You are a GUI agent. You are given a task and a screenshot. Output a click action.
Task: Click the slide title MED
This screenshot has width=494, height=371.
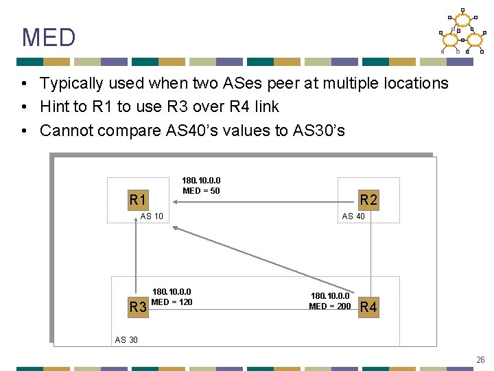pyautogui.click(x=49, y=37)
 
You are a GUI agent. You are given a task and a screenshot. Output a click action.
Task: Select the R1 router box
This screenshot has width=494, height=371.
pyautogui.click(x=138, y=200)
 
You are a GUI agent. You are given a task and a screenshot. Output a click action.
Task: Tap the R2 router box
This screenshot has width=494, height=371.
pyautogui.click(x=369, y=200)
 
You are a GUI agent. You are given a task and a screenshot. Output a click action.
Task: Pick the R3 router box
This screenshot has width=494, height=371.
pyautogui.click(x=138, y=306)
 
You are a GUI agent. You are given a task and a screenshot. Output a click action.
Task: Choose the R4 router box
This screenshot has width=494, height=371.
pyautogui.click(x=368, y=306)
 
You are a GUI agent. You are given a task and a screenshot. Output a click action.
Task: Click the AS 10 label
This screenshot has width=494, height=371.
pyautogui.click(x=152, y=216)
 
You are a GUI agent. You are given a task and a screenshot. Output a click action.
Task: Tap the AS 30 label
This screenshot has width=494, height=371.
pyautogui.click(x=126, y=340)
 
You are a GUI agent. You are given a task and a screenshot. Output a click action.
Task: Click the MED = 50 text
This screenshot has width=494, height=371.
pyautogui.click(x=201, y=190)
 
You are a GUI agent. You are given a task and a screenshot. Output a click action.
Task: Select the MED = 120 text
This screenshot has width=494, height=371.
pyautogui.click(x=172, y=302)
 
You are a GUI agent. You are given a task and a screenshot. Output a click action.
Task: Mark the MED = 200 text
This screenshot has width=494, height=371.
pyautogui.click(x=329, y=306)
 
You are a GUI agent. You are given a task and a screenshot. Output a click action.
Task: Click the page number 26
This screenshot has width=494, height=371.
pyautogui.click(x=480, y=359)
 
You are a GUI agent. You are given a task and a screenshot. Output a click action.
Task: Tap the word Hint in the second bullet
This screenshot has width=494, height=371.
pyautogui.click(x=54, y=107)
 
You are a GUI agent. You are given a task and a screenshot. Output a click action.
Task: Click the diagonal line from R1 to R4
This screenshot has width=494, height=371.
pyautogui.click(x=261, y=254)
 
